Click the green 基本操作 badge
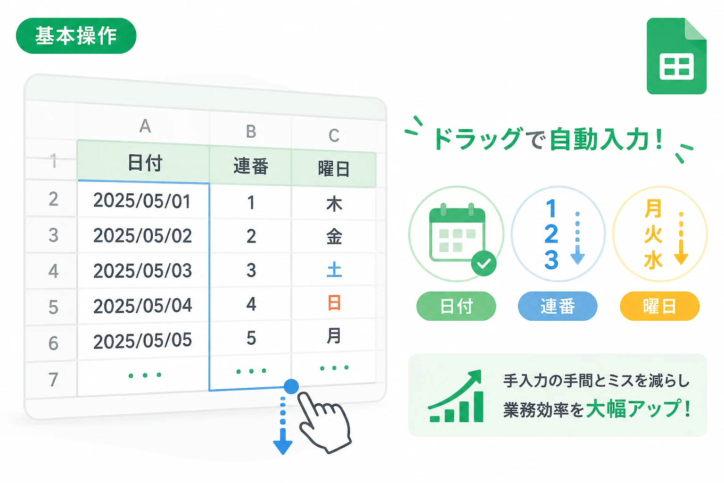[x=76, y=35]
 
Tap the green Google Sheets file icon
[x=676, y=56]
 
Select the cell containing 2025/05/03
[x=142, y=270]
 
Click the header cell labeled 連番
[x=251, y=167]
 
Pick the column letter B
[x=251, y=132]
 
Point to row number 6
[x=53, y=343]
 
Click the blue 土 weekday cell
[x=334, y=270]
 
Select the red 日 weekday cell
[x=334, y=303]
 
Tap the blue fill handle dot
[x=291, y=386]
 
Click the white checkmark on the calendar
[x=484, y=264]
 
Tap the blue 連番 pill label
[x=558, y=306]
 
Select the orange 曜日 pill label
[x=660, y=306]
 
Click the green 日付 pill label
[x=456, y=306]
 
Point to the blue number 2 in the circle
[x=551, y=234]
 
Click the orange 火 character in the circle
[x=653, y=234]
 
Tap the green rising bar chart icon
[x=456, y=396]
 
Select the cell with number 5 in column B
[x=251, y=337]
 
